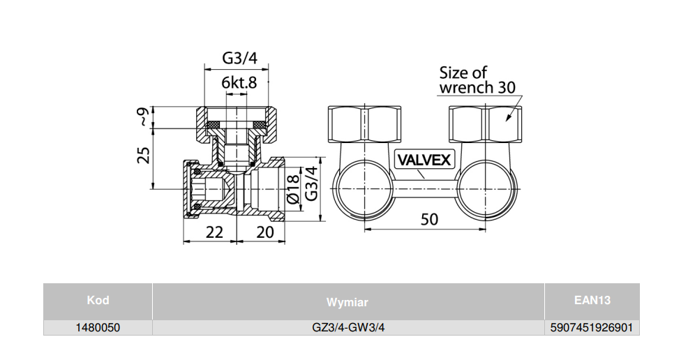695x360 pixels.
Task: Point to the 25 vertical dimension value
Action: click(x=143, y=155)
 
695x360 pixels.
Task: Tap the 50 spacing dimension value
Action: click(x=429, y=219)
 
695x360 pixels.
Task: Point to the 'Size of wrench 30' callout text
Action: click(x=477, y=80)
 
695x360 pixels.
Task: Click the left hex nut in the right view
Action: click(x=364, y=123)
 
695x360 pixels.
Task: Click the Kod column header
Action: click(x=98, y=301)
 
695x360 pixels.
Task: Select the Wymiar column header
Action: click(x=347, y=302)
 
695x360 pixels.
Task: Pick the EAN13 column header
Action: click(x=592, y=301)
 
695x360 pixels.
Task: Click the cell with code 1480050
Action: click(x=98, y=327)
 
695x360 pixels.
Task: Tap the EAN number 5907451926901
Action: click(x=592, y=327)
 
